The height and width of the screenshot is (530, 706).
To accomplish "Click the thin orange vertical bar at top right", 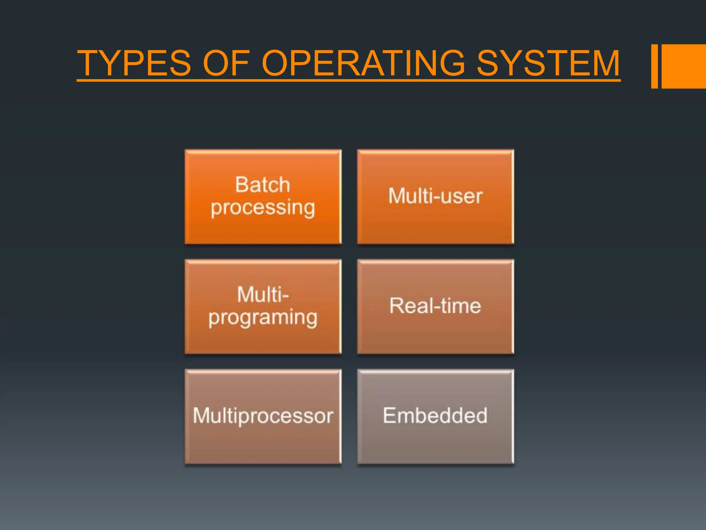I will (x=654, y=66).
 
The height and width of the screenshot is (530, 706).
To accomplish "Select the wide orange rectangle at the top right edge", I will (x=684, y=66).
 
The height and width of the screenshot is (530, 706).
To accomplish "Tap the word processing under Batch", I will (x=263, y=208).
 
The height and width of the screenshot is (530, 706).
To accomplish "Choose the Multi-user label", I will (x=435, y=196).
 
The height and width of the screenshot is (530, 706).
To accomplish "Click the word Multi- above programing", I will (x=263, y=295).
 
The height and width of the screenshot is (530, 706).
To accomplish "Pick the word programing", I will (x=263, y=318).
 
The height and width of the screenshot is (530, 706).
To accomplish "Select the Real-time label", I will (x=435, y=306).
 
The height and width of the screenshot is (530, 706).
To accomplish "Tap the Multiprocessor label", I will (x=263, y=415).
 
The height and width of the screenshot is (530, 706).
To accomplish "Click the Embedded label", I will (x=435, y=415).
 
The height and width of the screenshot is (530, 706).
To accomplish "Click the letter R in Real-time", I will (x=396, y=306).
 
